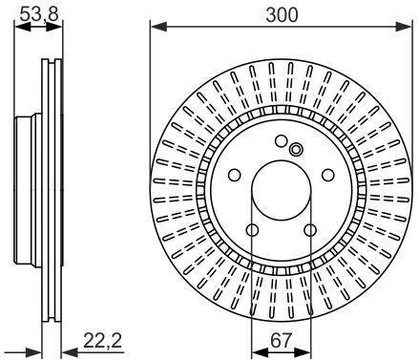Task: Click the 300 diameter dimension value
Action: (282, 14)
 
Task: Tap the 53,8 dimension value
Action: (39, 14)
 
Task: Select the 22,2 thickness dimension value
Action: (103, 341)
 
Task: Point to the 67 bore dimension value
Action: (281, 341)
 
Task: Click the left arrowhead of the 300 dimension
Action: (158, 27)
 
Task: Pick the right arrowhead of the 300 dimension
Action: (404, 27)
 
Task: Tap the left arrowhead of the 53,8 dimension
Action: (23, 28)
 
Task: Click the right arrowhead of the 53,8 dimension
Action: (54, 28)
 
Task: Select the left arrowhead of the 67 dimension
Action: (260, 352)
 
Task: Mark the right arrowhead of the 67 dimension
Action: (302, 352)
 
